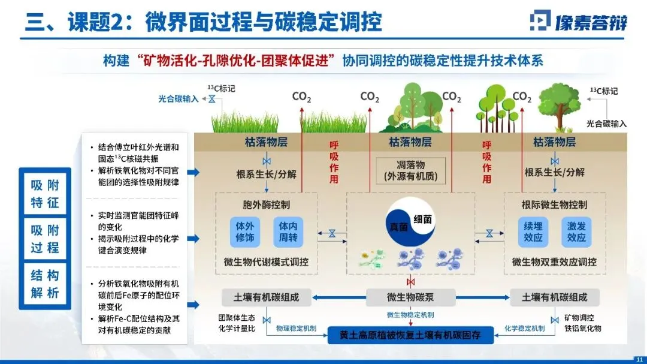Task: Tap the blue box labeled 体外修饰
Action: tap(245, 232)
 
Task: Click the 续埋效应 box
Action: tap(533, 232)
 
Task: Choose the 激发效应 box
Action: tap(576, 232)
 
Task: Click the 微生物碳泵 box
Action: tap(410, 297)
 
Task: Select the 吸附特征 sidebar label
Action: tap(46, 194)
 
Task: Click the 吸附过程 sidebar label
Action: tap(46, 239)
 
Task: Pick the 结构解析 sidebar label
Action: tap(46, 284)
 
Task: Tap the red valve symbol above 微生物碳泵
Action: tap(410, 282)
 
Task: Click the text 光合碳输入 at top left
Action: tap(179, 99)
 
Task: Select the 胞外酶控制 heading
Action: tap(266, 204)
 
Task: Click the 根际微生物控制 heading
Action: tap(555, 204)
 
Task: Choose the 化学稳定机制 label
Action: tap(525, 329)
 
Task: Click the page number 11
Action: tap(638, 358)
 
